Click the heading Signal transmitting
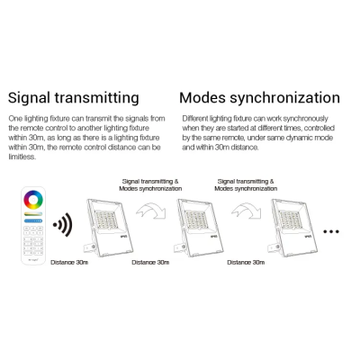tap(74, 98)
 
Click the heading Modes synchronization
tap(259, 98)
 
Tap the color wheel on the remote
tap(33, 200)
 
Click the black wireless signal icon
tap(63, 224)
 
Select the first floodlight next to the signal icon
tap(108, 228)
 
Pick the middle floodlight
tap(199, 228)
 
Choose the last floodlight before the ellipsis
tap(292, 228)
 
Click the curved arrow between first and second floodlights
tap(151, 209)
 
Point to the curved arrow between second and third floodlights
tap(247, 209)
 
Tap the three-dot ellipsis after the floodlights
tap(331, 231)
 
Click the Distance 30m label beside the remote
tap(69, 263)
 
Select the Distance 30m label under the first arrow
tap(150, 263)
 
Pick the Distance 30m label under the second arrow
tap(246, 263)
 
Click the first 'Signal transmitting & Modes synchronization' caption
tap(150, 185)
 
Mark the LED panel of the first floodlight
tap(105, 220)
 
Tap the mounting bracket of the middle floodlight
tap(180, 247)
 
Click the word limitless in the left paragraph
tap(22, 157)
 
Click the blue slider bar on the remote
tap(33, 220)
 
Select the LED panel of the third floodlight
tap(290, 220)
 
